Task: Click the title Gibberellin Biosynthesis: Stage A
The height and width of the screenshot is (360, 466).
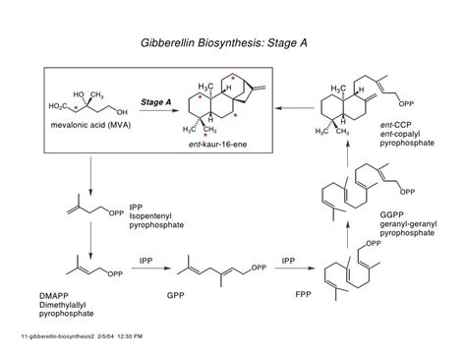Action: (232, 45)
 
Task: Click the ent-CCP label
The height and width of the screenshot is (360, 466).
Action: (392, 126)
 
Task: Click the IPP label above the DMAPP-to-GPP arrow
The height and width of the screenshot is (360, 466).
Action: (144, 260)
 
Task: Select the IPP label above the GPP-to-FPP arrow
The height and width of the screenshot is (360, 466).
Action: (288, 260)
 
